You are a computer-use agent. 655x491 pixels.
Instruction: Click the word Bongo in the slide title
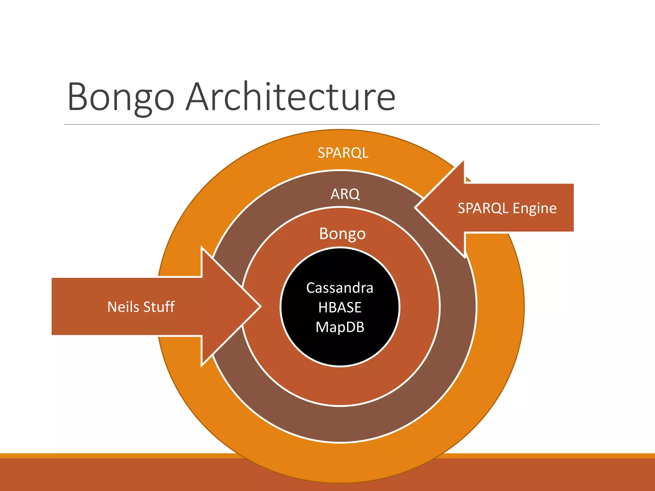click(x=121, y=97)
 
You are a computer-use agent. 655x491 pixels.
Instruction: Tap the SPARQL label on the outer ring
click(x=343, y=153)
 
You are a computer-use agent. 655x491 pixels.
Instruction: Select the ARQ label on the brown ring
click(x=345, y=194)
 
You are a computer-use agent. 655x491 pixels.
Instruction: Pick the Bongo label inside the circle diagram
click(x=342, y=234)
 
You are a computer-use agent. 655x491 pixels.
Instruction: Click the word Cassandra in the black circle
click(x=340, y=288)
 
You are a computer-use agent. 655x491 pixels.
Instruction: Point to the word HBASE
click(x=340, y=308)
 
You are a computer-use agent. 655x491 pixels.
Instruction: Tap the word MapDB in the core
click(x=340, y=327)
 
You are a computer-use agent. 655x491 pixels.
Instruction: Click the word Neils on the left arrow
click(x=123, y=307)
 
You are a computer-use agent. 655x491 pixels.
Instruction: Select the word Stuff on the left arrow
click(x=159, y=307)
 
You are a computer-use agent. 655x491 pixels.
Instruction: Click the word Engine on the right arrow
click(x=534, y=208)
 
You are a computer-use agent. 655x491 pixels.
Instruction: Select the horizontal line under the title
click(x=331, y=124)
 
